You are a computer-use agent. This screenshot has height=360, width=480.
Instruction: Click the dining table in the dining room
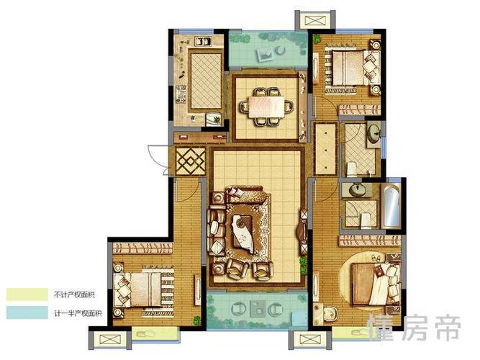(266, 107)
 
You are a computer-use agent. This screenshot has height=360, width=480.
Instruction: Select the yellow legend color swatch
(27, 294)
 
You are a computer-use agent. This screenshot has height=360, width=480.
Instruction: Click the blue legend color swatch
(27, 312)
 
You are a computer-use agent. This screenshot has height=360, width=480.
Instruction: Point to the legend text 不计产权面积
(74, 294)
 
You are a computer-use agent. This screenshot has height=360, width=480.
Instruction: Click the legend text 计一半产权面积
(78, 313)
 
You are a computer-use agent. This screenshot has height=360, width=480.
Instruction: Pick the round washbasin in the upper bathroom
(373, 134)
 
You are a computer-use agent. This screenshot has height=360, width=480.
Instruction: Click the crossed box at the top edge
(314, 21)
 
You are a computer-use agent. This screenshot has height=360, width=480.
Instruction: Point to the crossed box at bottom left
(109, 339)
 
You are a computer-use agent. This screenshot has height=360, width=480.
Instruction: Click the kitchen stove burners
(181, 94)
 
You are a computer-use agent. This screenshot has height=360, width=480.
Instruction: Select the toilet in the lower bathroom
(366, 220)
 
